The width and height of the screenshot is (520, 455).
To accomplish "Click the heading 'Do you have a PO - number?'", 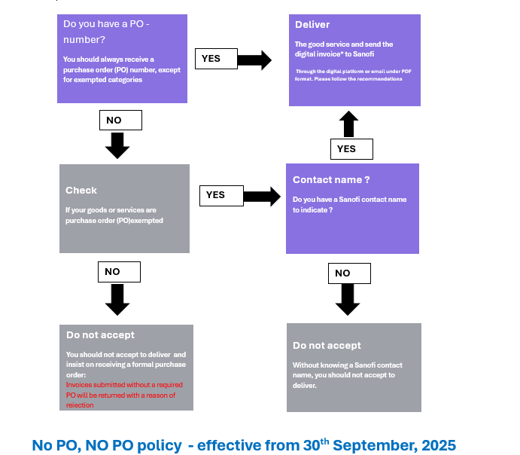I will click(106, 32).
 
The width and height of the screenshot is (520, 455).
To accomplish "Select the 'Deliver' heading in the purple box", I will click(312, 25).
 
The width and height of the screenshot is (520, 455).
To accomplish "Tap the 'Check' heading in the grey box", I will click(81, 191).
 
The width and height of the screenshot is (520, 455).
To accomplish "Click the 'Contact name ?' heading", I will click(331, 180).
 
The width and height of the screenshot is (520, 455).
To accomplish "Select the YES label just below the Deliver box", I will click(351, 149).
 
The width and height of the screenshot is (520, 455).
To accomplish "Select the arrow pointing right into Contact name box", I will click(262, 197).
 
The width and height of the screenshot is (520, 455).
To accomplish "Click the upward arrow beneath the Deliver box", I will click(348, 124).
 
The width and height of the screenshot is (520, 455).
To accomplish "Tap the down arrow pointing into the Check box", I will click(118, 145).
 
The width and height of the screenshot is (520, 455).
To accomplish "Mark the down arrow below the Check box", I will click(117, 299).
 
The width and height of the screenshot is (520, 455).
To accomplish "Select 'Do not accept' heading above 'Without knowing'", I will click(327, 346).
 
